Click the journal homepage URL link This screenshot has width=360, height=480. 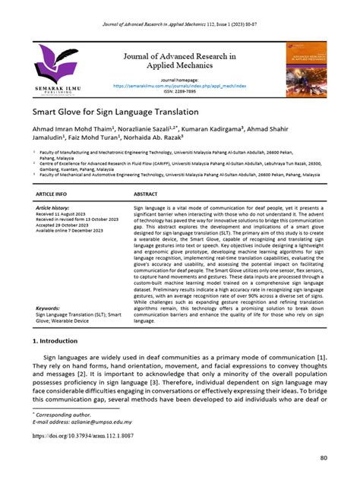point(179,87)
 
